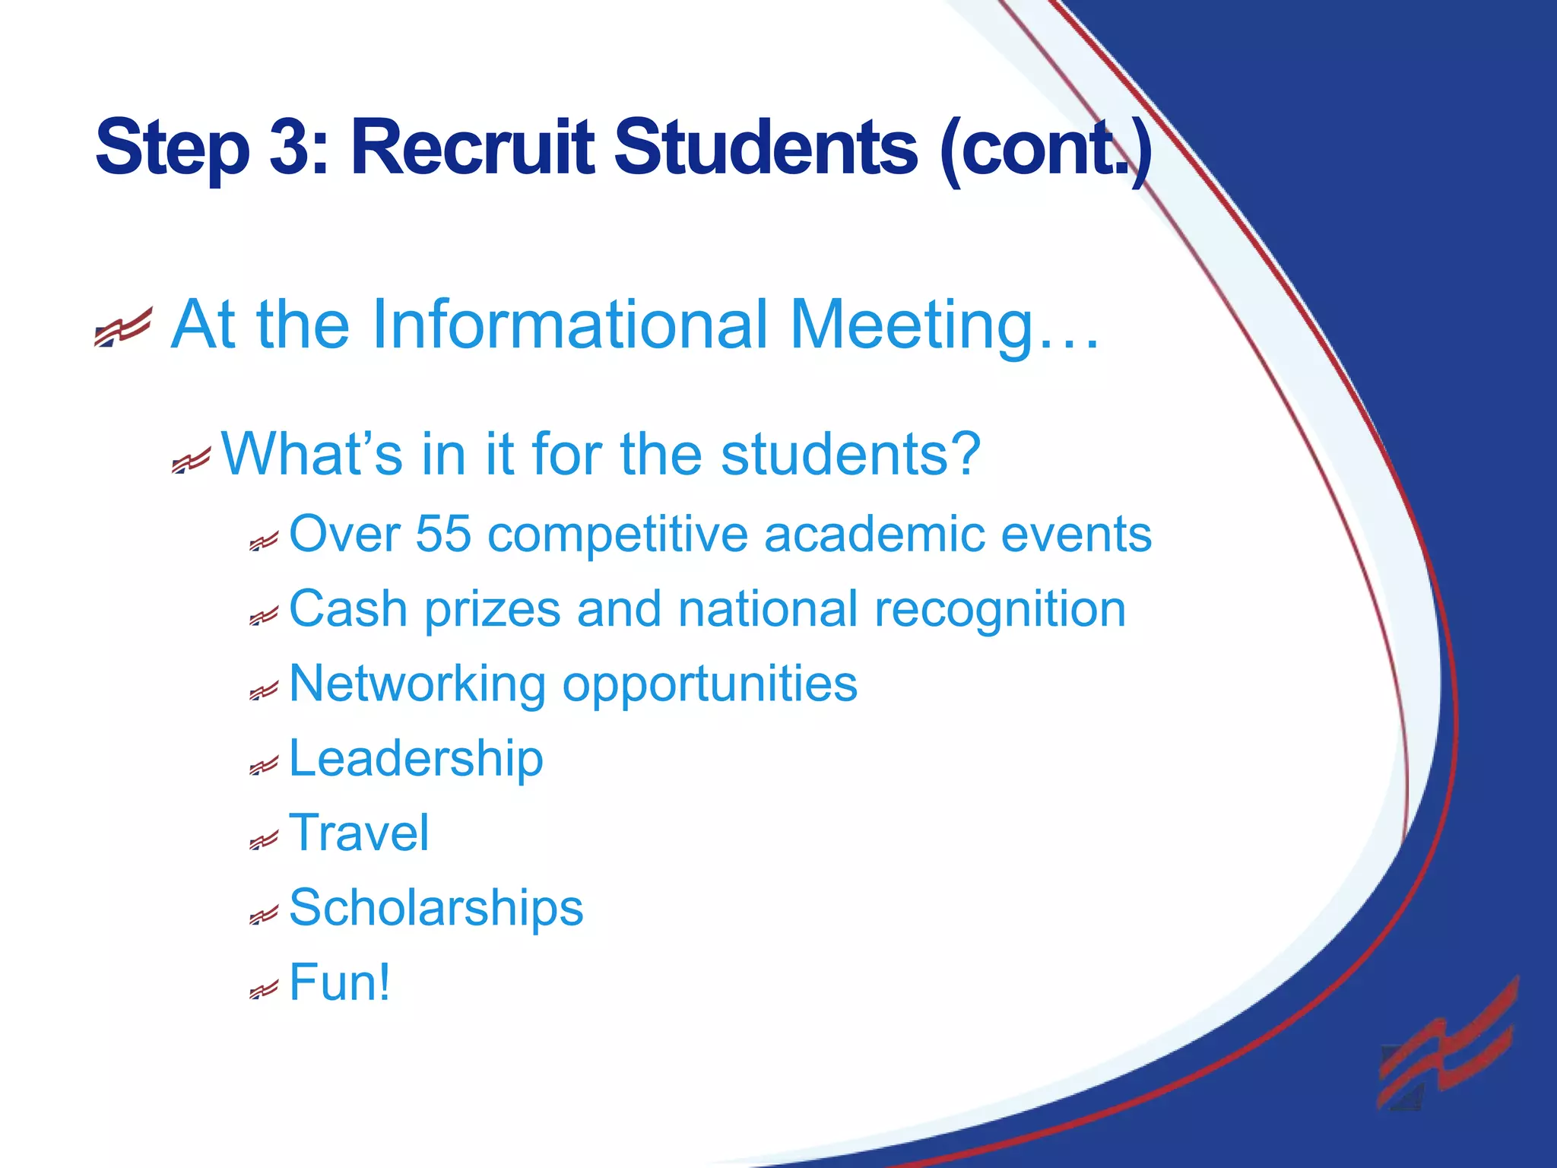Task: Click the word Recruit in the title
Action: [471, 148]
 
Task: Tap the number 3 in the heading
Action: [287, 148]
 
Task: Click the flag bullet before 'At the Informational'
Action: [122, 327]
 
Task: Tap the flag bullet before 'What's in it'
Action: [190, 461]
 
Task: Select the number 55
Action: [443, 534]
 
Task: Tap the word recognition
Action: [1000, 611]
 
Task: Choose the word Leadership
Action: [416, 759]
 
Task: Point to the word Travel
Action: [359, 833]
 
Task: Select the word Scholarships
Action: [436, 908]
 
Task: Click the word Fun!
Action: [340, 982]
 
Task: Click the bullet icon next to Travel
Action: [264, 841]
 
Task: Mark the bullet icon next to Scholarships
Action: [264, 916]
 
